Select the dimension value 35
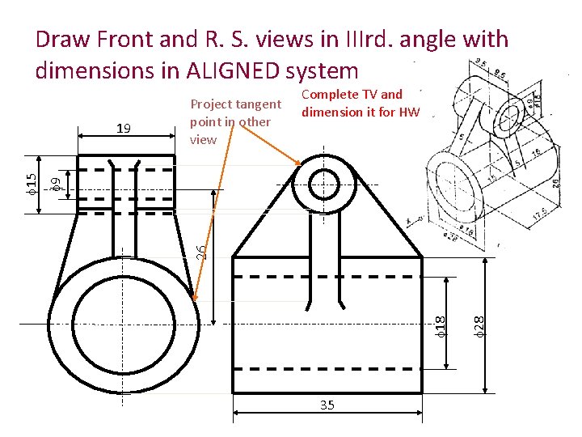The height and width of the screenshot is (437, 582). click(x=327, y=405)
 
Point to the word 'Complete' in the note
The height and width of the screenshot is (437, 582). click(x=328, y=95)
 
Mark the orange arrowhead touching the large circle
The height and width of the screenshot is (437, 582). click(x=196, y=298)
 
